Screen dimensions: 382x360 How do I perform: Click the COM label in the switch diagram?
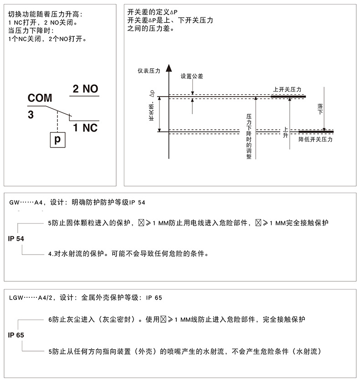pos(40,98)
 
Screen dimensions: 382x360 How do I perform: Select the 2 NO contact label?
pos(86,89)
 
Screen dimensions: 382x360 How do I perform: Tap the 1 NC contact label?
pos(85,127)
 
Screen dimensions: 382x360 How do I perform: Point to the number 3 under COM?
pos(31,115)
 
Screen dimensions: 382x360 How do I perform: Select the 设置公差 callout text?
pos(192,76)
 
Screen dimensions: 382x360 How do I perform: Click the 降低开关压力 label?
pos(315,140)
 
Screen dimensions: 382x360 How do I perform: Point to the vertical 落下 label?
pos(320,108)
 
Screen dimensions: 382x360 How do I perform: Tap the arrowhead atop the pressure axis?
pos(169,67)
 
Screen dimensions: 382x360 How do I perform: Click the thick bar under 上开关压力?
pos(288,97)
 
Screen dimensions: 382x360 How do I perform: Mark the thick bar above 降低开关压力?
pos(316,132)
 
